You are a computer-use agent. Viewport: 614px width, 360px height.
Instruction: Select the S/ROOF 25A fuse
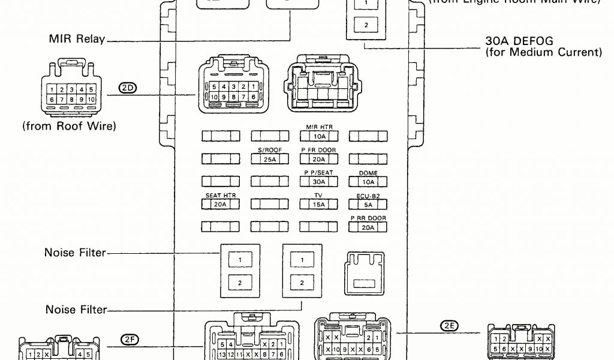tap(269, 159)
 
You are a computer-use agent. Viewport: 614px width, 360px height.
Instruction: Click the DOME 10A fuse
tap(368, 182)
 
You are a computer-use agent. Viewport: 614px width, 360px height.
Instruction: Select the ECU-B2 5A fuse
tap(368, 205)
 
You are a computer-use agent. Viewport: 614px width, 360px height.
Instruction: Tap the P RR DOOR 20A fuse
tap(368, 227)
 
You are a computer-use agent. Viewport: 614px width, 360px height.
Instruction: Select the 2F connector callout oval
tap(130, 339)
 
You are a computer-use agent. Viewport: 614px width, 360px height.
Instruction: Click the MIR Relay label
tap(77, 40)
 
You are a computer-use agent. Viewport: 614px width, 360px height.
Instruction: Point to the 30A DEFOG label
tap(519, 41)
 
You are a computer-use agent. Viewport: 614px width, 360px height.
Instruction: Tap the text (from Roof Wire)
tap(69, 127)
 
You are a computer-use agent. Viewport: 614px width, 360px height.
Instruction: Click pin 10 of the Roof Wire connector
tap(91, 99)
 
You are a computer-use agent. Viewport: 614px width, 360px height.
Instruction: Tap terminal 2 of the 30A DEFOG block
tap(366, 25)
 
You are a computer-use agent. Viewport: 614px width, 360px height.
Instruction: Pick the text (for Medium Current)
tap(543, 53)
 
